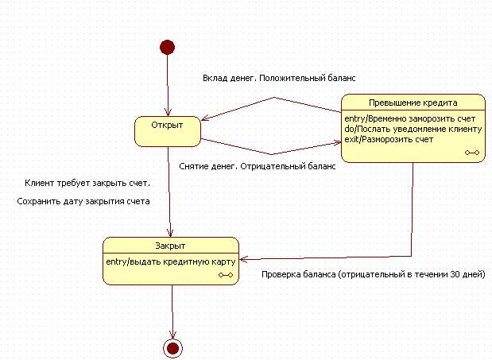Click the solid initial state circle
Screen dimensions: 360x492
167,47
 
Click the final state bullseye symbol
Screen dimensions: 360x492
172,347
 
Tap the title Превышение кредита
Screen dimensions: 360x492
413,103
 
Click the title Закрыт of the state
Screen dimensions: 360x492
170,246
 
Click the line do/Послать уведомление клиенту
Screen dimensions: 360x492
413,129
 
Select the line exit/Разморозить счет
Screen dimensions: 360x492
389,139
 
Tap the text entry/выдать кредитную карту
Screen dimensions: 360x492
170,261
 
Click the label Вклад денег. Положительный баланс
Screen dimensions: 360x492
277,79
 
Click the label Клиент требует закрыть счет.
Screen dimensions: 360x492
87,184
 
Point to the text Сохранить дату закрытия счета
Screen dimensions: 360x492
83,201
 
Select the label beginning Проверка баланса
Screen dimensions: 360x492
373,274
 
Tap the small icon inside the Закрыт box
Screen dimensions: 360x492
225,274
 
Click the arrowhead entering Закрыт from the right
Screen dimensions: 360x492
243,258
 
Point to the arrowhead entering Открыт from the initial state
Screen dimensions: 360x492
168,112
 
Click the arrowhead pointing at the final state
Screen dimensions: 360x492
172,335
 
